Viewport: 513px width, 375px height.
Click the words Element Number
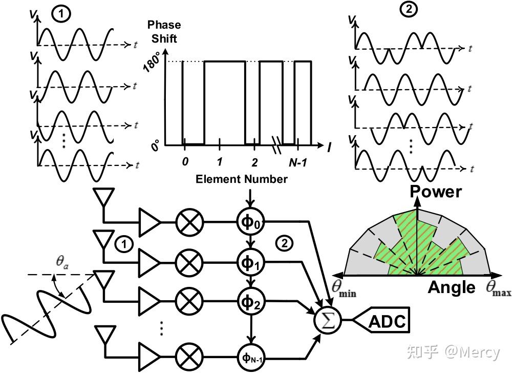point(241,179)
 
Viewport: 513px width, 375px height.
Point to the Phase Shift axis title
point(164,31)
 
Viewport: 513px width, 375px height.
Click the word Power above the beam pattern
point(436,192)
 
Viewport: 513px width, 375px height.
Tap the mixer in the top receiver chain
point(189,222)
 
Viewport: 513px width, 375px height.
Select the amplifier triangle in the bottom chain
point(150,353)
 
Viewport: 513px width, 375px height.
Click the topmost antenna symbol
point(102,198)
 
